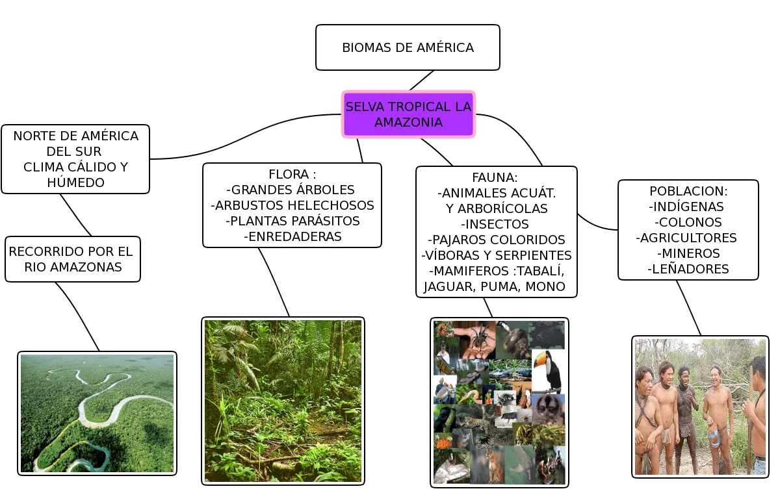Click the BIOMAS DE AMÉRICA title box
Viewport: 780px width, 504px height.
(x=408, y=47)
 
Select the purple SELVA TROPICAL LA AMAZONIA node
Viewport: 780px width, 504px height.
(x=408, y=114)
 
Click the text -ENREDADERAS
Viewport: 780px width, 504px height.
(x=292, y=236)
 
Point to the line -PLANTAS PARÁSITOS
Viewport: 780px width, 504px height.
(x=292, y=221)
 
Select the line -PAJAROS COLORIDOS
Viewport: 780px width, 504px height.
(x=496, y=240)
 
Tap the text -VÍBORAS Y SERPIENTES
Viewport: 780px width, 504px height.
(x=496, y=255)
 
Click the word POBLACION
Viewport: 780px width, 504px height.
(x=688, y=191)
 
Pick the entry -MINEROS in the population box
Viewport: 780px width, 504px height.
(x=688, y=253)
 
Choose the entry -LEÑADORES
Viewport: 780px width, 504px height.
(x=688, y=269)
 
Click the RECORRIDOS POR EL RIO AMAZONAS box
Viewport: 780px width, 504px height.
(x=73, y=259)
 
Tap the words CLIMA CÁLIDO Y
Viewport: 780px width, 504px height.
(x=75, y=167)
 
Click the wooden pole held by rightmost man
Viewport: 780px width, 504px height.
(x=749, y=429)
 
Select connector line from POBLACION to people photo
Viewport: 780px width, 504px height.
(x=689, y=308)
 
